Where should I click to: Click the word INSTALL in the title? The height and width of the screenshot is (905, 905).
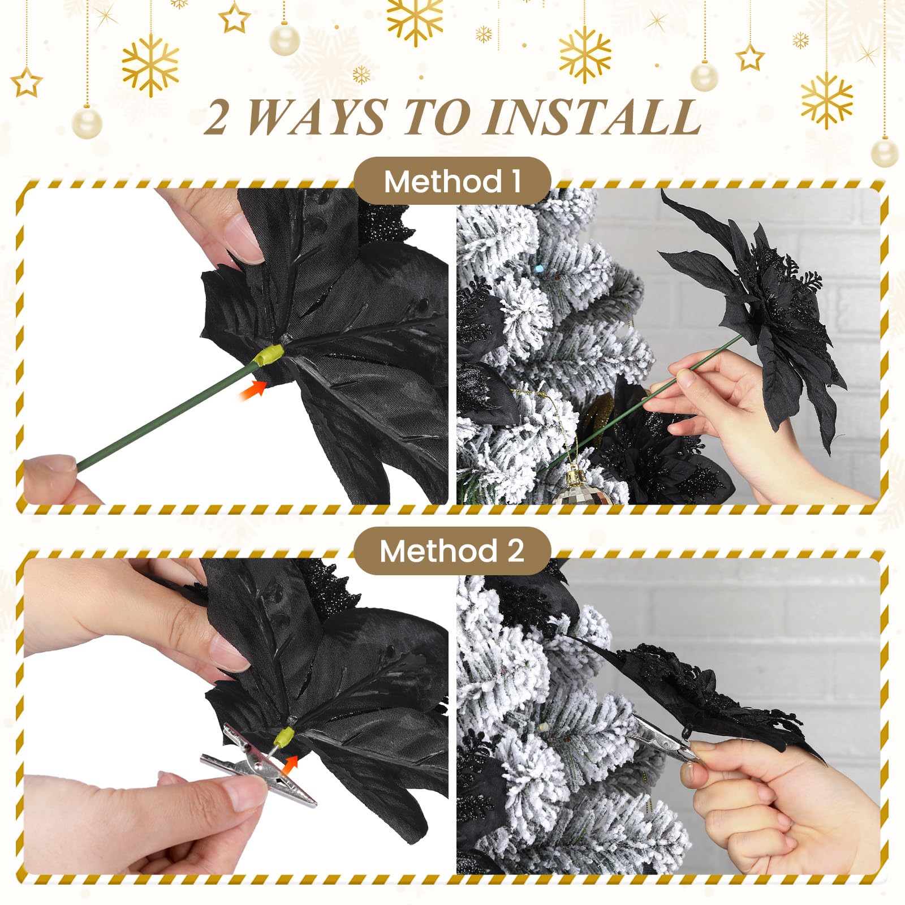(x=593, y=118)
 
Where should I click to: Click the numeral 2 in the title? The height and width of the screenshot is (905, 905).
(x=216, y=118)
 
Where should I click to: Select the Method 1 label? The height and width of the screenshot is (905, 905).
(x=452, y=182)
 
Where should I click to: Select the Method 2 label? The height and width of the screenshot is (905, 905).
(x=452, y=550)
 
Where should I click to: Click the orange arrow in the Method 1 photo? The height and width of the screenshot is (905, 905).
(x=253, y=390)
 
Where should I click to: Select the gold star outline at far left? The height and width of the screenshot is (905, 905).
(x=27, y=83)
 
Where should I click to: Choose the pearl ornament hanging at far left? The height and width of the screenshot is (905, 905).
(x=87, y=122)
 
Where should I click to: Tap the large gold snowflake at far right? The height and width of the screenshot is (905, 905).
(x=827, y=100)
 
